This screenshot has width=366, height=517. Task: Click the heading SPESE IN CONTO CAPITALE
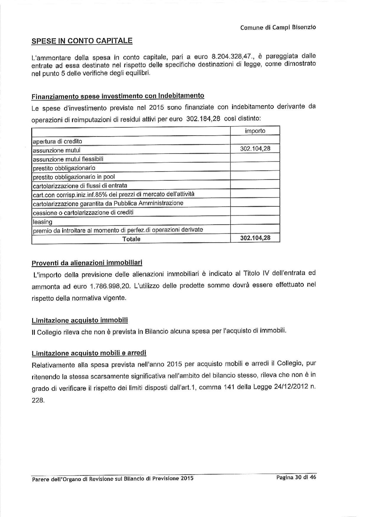pyautogui.click(x=82, y=41)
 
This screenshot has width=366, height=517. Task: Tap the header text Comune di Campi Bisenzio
pyautogui.click(x=278, y=27)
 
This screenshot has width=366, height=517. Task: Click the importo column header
pyautogui.click(x=255, y=131)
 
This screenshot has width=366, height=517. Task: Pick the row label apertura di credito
pyautogui.click(x=58, y=141)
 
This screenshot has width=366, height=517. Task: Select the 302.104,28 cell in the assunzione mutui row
pyautogui.click(x=255, y=149)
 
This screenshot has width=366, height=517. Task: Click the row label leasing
pyautogui.click(x=43, y=221)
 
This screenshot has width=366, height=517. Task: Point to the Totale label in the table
pyautogui.click(x=131, y=239)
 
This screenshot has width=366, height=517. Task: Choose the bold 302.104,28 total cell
pyautogui.click(x=255, y=238)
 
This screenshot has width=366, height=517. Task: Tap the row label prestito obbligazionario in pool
pyautogui.click(x=74, y=177)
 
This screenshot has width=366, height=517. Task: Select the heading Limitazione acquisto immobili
pyautogui.click(x=79, y=320)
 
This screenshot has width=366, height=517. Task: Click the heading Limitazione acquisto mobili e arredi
pyautogui.click(x=89, y=353)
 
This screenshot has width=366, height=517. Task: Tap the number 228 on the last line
pyautogui.click(x=38, y=401)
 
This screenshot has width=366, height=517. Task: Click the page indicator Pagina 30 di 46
pyautogui.click(x=296, y=477)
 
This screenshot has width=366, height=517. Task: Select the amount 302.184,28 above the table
pyautogui.click(x=204, y=119)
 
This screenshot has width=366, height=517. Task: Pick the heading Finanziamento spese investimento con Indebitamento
pyautogui.click(x=117, y=96)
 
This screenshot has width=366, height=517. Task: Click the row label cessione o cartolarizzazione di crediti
pyautogui.click(x=83, y=213)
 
